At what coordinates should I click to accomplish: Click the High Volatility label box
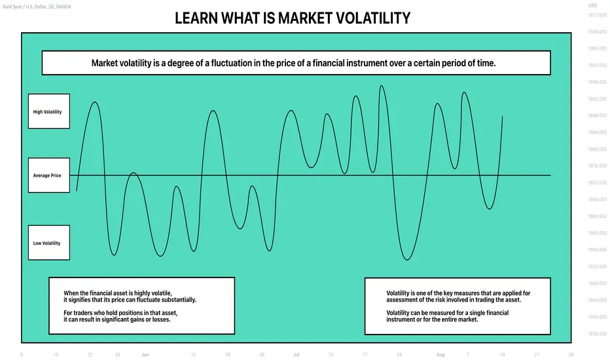(49, 111)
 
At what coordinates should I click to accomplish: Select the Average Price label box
(49, 175)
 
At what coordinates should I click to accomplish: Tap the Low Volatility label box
(49, 242)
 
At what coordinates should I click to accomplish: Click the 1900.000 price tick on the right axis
(597, 65)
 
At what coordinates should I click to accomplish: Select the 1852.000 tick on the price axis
(597, 266)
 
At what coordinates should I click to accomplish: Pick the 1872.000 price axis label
(597, 183)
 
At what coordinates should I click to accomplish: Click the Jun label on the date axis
(145, 355)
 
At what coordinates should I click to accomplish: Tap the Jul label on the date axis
(296, 355)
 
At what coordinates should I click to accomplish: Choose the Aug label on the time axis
(440, 355)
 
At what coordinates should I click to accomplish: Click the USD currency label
(592, 5)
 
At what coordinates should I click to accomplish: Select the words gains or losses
(152, 319)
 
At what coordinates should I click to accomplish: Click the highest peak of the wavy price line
(381, 86)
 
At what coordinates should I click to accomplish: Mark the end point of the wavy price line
(502, 117)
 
